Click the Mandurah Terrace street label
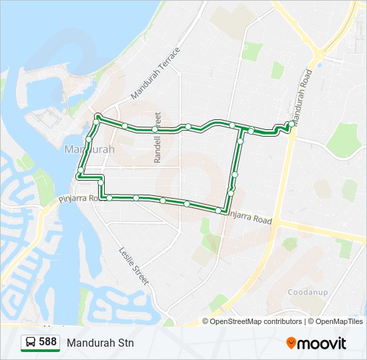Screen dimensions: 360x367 (155, 74)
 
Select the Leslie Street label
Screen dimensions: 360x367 (133, 267)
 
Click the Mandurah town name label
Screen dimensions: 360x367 (89, 149)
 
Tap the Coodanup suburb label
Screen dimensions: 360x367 (307, 292)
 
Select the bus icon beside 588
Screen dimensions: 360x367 (31, 342)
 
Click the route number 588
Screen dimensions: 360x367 (48, 342)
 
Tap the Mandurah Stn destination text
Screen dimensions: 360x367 (100, 343)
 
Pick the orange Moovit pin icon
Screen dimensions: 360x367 (291, 343)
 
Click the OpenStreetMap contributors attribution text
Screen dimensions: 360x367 (256, 321)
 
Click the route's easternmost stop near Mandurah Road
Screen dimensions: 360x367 (292, 123)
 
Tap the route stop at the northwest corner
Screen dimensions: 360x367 (97, 116)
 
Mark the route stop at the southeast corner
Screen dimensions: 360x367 (218, 211)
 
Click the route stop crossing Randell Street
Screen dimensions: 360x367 (155, 129)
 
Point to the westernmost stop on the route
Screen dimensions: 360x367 (80, 171)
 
